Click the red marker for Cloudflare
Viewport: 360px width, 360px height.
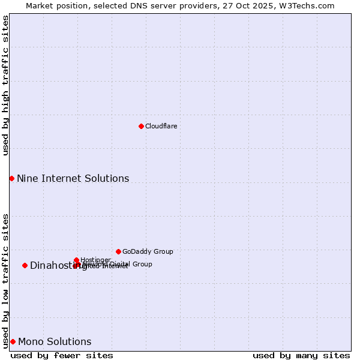point(141,126)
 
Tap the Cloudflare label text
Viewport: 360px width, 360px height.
point(161,126)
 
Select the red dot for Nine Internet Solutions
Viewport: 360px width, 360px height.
point(11,178)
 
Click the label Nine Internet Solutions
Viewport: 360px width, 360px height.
point(73,178)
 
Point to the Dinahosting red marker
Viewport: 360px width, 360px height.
point(25,265)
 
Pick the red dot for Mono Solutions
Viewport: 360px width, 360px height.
point(13,341)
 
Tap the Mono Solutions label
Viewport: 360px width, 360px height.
point(55,342)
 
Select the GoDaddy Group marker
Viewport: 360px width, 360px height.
point(118,251)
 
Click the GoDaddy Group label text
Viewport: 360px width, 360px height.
point(148,251)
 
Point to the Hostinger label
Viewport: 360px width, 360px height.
point(95,260)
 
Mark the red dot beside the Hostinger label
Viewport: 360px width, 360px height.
point(76,260)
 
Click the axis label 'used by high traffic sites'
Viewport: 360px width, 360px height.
point(5,85)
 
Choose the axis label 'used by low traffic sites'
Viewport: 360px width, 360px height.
point(5,281)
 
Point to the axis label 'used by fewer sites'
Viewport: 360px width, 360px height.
point(62,355)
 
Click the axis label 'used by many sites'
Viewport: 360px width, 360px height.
point(301,355)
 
